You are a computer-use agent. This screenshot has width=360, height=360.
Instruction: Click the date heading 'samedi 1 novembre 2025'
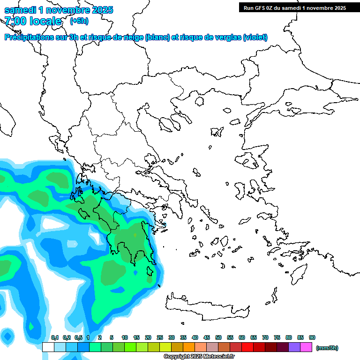coord(59,10)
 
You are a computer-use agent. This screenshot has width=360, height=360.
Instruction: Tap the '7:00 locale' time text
coord(33,21)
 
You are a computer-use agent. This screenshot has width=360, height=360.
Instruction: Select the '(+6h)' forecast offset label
coord(79,21)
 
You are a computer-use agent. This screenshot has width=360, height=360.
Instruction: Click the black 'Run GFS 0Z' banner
coord(294,7)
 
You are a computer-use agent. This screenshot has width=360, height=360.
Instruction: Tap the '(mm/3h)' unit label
coord(327,348)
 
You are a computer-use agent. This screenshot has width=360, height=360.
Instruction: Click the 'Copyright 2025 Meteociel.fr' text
coord(199,357)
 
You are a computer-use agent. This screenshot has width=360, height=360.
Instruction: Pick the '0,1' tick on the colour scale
coord(54,337)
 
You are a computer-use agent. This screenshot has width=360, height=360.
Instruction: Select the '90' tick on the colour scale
coord(312,337)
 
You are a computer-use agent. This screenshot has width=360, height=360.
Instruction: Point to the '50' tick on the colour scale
coord(218,337)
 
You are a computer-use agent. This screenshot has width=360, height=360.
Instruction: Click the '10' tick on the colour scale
coord(125,337)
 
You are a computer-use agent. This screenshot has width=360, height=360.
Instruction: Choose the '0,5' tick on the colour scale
coord(78,337)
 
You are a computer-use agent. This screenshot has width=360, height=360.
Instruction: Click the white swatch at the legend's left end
coord(48,347)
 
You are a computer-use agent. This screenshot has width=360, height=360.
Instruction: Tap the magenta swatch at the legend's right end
coord(307,347)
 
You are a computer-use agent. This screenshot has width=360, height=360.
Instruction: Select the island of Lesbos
coord(252,161)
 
